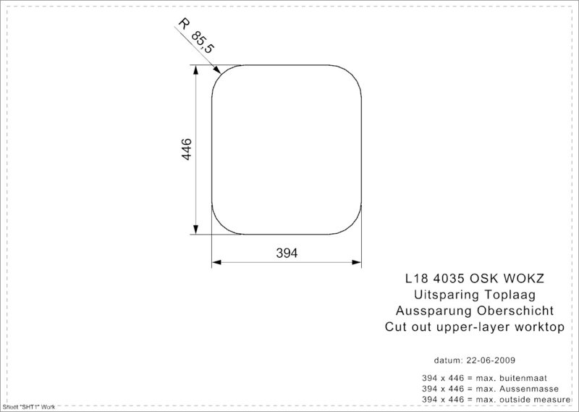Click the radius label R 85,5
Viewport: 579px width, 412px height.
(195, 36)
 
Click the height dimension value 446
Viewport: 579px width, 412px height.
(187, 149)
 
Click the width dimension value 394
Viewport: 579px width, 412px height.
(287, 253)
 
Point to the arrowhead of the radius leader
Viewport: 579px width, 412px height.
(218, 70)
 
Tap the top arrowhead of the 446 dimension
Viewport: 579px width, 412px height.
(195, 70)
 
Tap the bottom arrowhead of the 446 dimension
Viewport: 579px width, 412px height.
(195, 230)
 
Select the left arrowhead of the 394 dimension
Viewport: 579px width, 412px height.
(216, 262)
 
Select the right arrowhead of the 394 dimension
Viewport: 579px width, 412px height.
(356, 262)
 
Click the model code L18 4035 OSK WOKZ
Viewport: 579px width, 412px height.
(475, 278)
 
